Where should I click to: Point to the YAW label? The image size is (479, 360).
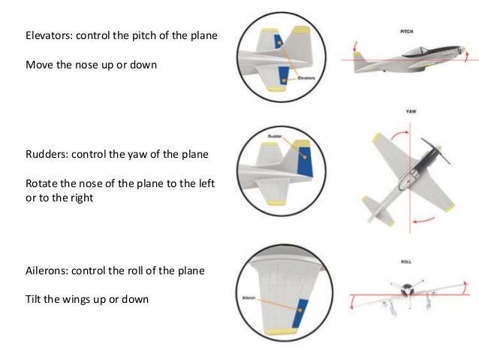click(411, 110)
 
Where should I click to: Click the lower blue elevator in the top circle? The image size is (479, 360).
click(284, 73)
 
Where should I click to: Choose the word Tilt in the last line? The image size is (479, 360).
click(35, 299)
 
